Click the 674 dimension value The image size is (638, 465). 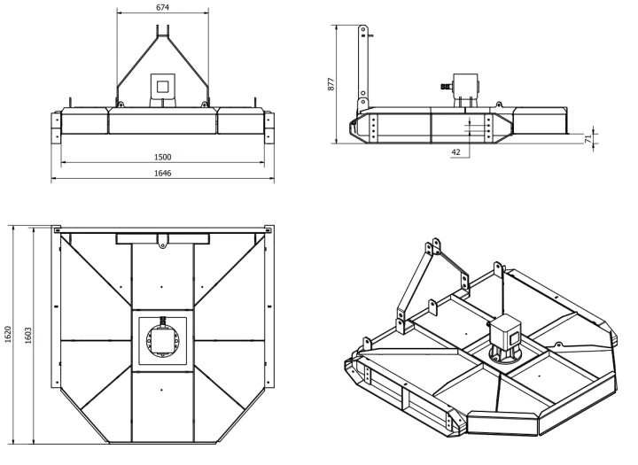(162, 7)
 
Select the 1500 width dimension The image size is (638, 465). (163, 157)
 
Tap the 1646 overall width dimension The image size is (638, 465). (163, 174)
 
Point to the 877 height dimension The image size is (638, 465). (331, 84)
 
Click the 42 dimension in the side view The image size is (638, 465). (456, 152)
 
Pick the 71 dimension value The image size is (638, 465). (588, 138)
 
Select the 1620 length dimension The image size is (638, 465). (8, 335)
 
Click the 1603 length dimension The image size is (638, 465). (28, 336)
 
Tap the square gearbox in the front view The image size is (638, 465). (163, 86)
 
